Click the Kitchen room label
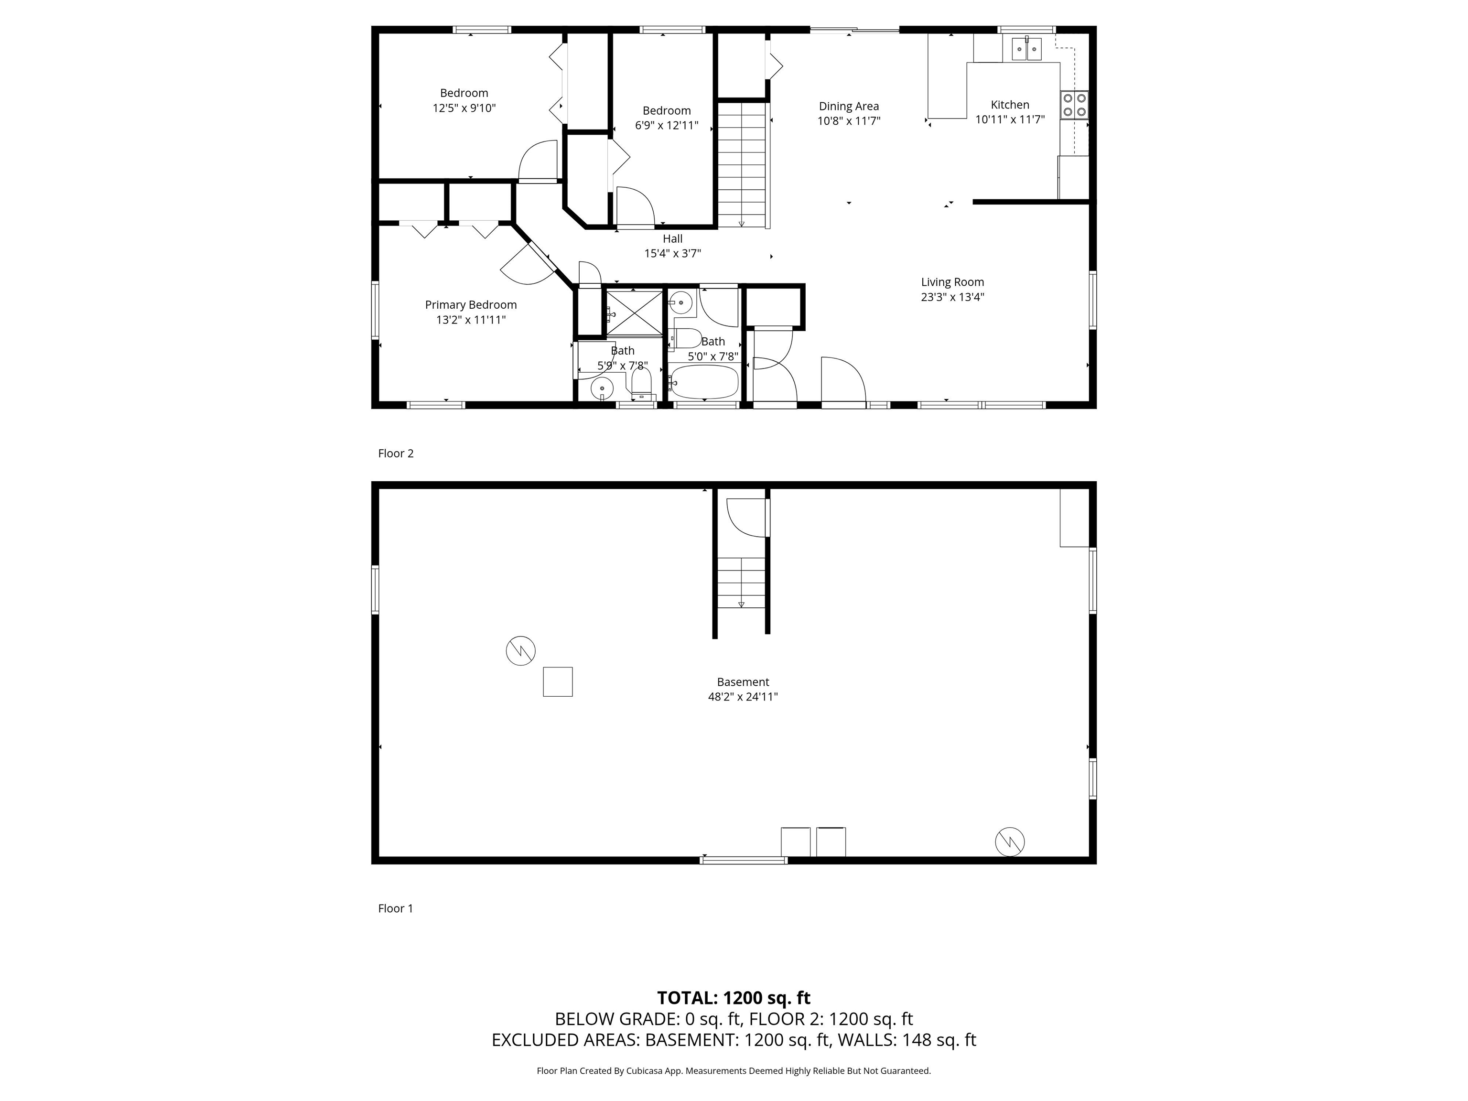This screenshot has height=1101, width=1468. [x=1009, y=105]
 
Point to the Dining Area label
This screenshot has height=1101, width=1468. [x=848, y=106]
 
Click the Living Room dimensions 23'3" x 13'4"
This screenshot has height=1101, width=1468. [x=952, y=297]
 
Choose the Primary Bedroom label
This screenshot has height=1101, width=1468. [x=471, y=304]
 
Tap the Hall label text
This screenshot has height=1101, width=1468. [x=672, y=239]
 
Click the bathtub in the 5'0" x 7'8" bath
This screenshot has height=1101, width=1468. [x=704, y=382]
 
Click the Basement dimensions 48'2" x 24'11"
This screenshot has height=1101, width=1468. [x=743, y=697]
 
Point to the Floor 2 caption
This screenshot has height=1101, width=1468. [x=396, y=453]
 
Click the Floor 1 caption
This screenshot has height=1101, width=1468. [x=396, y=908]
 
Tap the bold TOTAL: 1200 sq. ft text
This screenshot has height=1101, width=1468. [x=734, y=998]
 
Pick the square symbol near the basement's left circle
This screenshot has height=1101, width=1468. [x=558, y=681]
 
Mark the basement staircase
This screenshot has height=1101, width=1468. [x=741, y=583]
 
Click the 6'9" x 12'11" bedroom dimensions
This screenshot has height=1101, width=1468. [x=666, y=125]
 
